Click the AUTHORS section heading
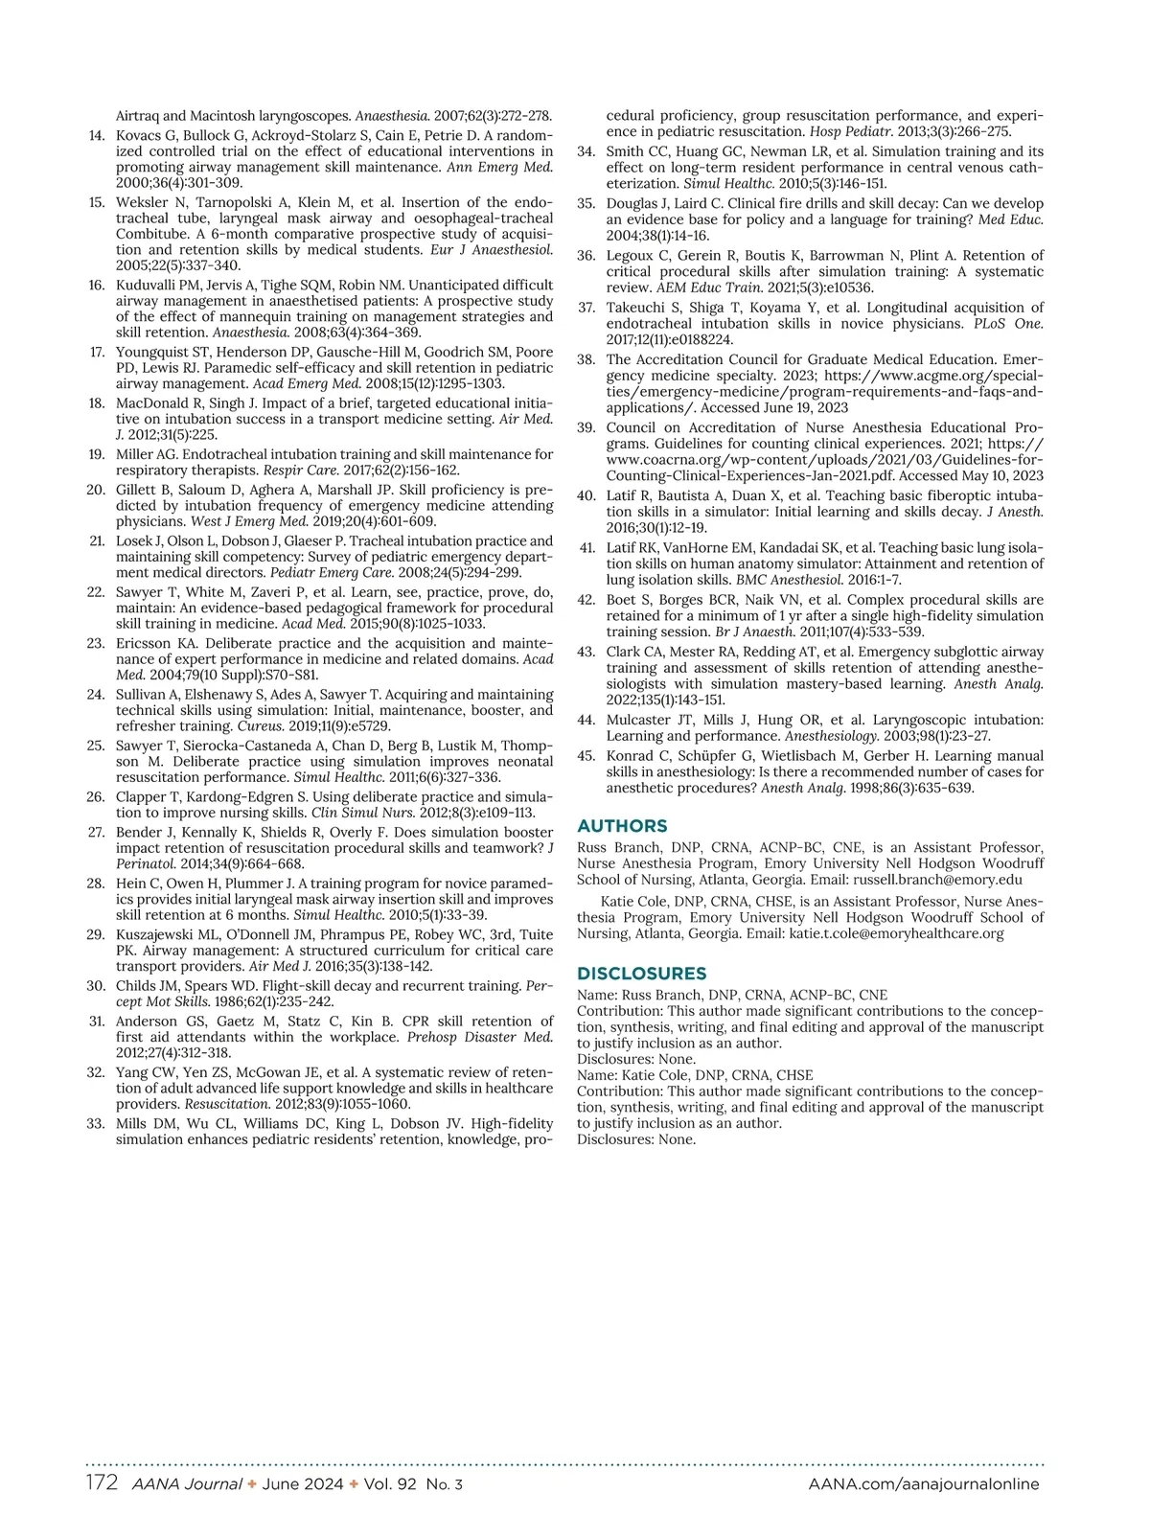[622, 826]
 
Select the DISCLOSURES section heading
[641, 974]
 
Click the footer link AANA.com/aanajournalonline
[923, 1484]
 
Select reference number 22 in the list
[96, 592]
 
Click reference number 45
[586, 756]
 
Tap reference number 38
[586, 360]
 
